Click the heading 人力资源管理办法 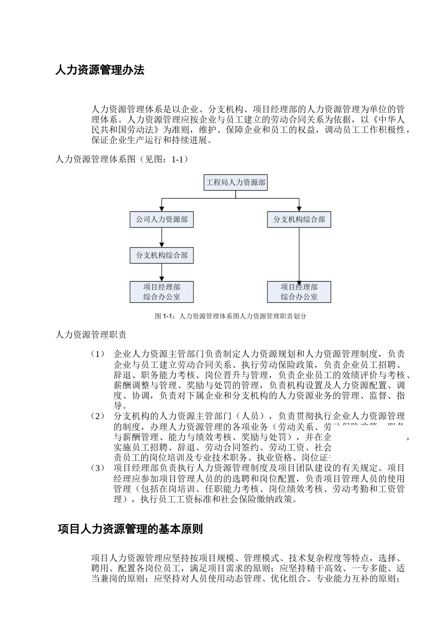point(100,71)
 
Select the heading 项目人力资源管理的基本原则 point(130,529)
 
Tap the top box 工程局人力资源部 point(236,183)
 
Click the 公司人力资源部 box point(162,219)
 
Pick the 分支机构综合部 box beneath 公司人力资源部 point(162,256)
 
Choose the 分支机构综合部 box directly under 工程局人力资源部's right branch point(299,219)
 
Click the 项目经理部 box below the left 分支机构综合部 point(162,292)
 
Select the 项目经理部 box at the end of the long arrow point(299,292)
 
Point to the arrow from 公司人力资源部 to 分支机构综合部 point(162,237)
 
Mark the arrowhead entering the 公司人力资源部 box point(162,208)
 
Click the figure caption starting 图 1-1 point(230,316)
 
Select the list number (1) point(98,354)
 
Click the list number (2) point(98,417)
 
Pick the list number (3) point(98,468)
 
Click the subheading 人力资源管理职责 point(91,335)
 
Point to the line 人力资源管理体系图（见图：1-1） point(122,160)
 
